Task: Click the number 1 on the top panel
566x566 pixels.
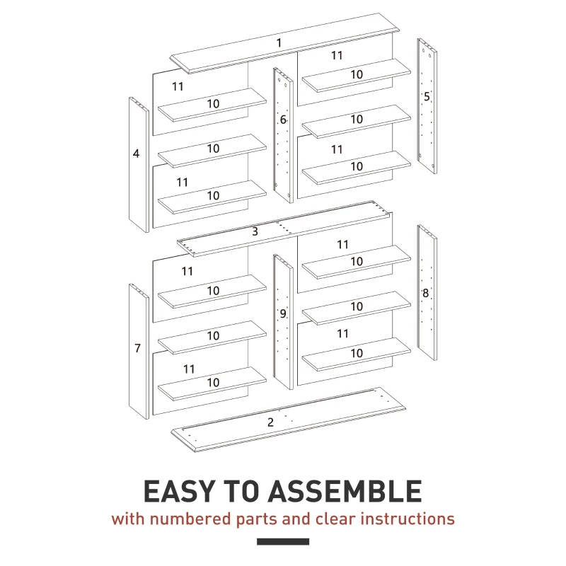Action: point(279,43)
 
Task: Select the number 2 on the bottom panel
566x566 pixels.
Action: point(270,422)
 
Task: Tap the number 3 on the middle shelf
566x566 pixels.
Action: point(255,231)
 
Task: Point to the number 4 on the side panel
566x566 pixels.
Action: point(136,153)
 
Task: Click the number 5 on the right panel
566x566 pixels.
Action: point(427,96)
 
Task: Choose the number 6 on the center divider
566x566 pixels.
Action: point(283,120)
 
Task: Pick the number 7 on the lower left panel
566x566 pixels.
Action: point(137,348)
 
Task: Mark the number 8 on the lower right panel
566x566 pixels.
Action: point(425,293)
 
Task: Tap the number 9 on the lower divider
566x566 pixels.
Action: point(282,314)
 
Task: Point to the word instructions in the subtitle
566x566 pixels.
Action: point(408,519)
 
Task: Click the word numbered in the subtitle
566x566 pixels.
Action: point(187,519)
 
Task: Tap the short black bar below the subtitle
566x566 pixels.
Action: point(283,542)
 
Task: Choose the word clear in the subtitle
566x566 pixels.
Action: point(335,519)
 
